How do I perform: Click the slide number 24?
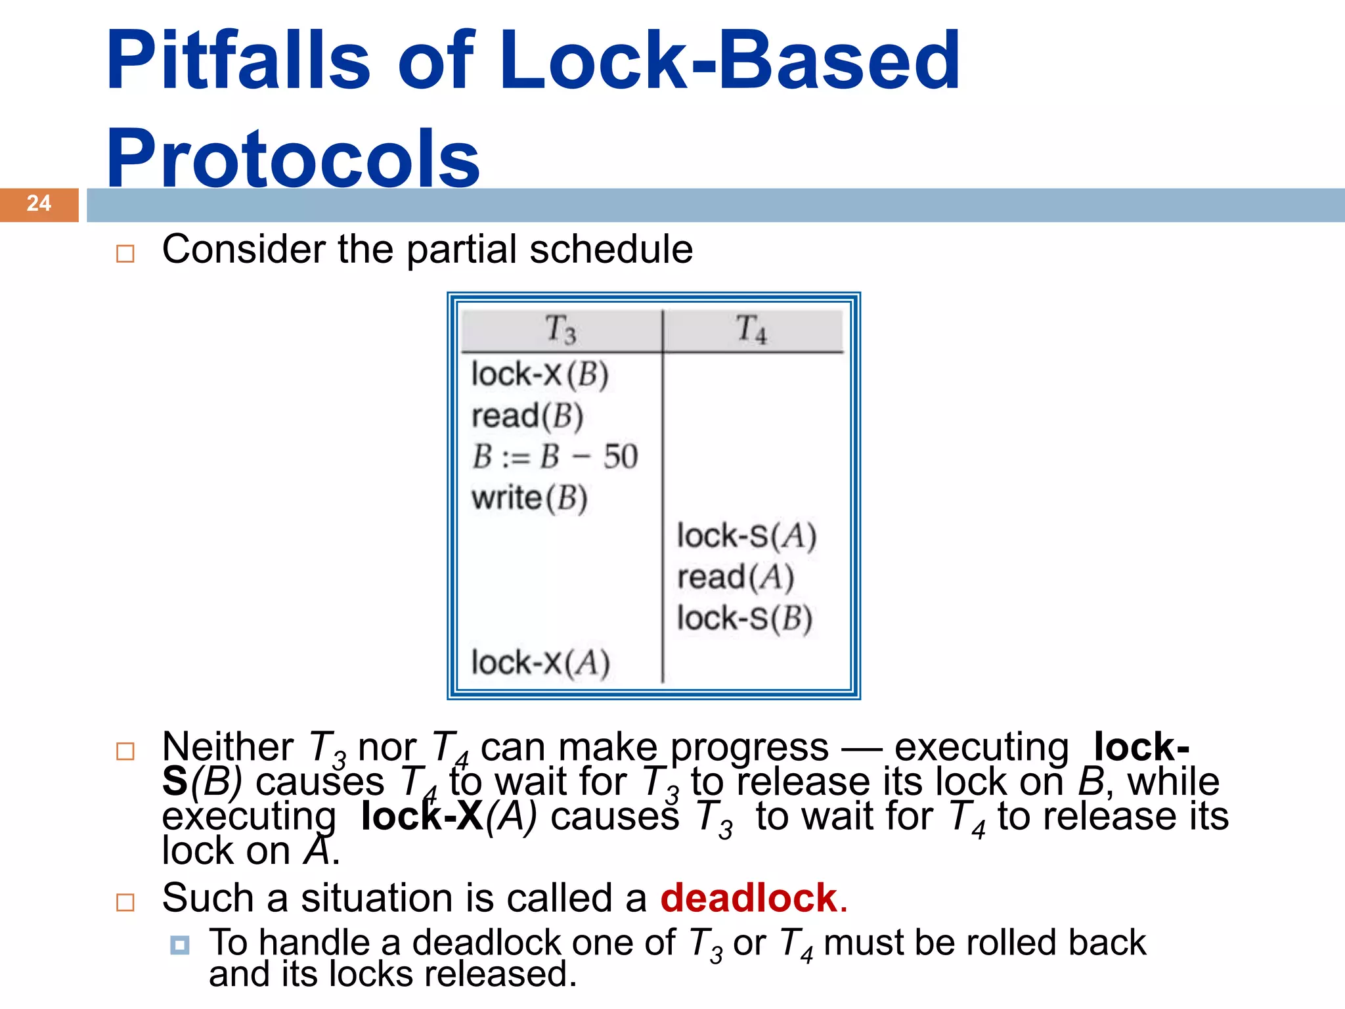(39, 204)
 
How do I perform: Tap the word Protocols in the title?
(293, 159)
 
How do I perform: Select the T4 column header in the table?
(751, 329)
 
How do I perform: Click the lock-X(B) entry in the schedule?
(540, 375)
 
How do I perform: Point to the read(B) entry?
(527, 416)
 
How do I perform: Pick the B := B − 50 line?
(555, 457)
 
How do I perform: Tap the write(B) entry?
(529, 499)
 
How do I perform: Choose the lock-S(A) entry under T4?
(747, 537)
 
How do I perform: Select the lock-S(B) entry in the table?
(745, 619)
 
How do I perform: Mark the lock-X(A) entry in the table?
(540, 663)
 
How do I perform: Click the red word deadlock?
(749, 898)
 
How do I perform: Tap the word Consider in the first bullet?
(243, 250)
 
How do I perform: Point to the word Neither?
(227, 747)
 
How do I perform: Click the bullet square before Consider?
(125, 254)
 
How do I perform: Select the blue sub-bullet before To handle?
(179, 945)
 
